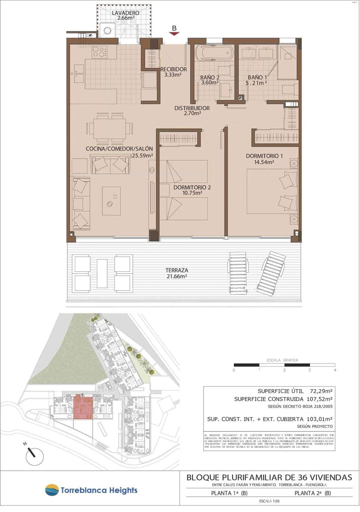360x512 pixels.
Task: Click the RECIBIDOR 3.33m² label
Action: pos(173,72)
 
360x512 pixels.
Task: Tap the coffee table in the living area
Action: pos(111,201)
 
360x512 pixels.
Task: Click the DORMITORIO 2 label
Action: pos(192,190)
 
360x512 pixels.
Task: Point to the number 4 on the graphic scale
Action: pos(335,370)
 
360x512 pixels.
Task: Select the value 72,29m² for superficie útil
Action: pos(321,390)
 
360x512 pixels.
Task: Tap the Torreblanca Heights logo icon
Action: pos(52,490)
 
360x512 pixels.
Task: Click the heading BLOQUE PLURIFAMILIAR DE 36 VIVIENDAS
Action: pos(269,477)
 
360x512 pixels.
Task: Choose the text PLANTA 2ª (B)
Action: pos(313,493)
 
